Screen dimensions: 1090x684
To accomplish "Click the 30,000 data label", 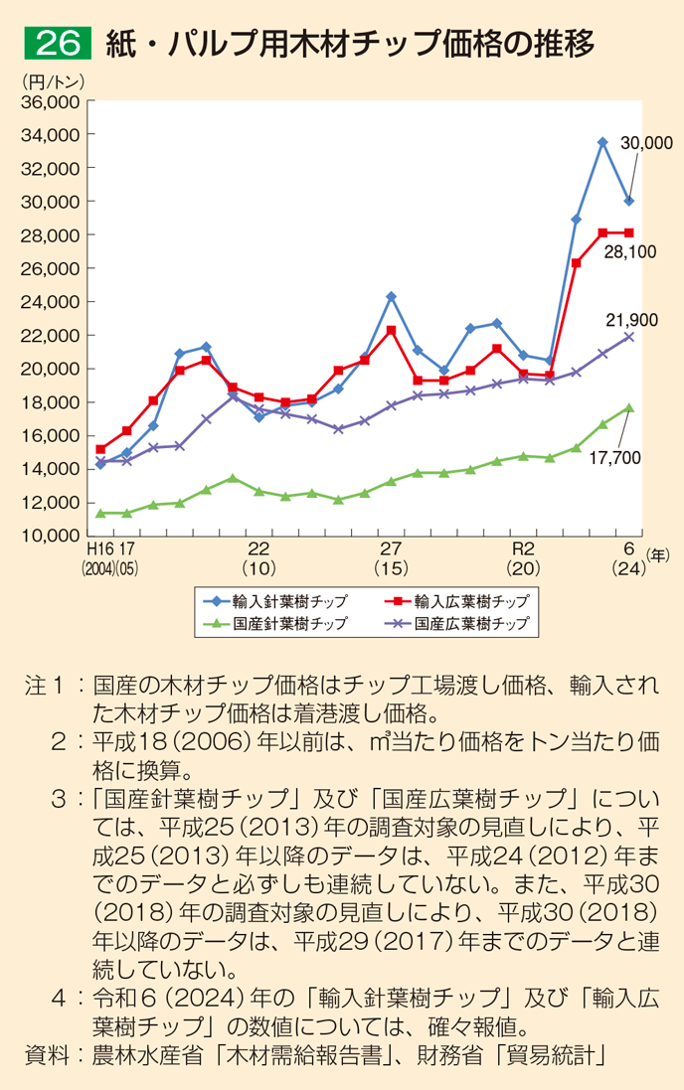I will coord(646,143).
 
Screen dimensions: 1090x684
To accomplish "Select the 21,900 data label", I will coord(631,319).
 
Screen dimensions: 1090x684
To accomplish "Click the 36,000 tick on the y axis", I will coord(49,101).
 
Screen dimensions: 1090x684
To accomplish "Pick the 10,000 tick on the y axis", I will coord(49,536).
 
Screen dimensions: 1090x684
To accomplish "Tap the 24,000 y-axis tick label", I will coord(49,302).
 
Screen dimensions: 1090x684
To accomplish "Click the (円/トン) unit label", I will coord(51,80).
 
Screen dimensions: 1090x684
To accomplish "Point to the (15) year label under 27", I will coord(391,569).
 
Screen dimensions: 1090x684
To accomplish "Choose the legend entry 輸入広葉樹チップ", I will coord(456,601).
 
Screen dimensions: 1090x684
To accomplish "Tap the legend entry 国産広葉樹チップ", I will coord(456,624).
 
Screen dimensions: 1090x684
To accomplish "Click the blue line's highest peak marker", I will coord(602,142).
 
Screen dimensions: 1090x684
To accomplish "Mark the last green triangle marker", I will coord(628,407).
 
